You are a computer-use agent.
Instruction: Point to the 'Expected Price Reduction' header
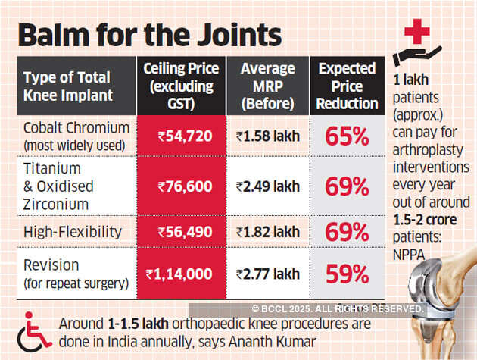tap(348, 85)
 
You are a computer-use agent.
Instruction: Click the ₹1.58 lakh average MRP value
tap(267, 137)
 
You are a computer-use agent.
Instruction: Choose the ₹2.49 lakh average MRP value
tap(267, 186)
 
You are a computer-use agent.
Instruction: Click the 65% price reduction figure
tap(347, 136)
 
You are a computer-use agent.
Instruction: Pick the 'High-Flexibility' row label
tap(70, 233)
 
